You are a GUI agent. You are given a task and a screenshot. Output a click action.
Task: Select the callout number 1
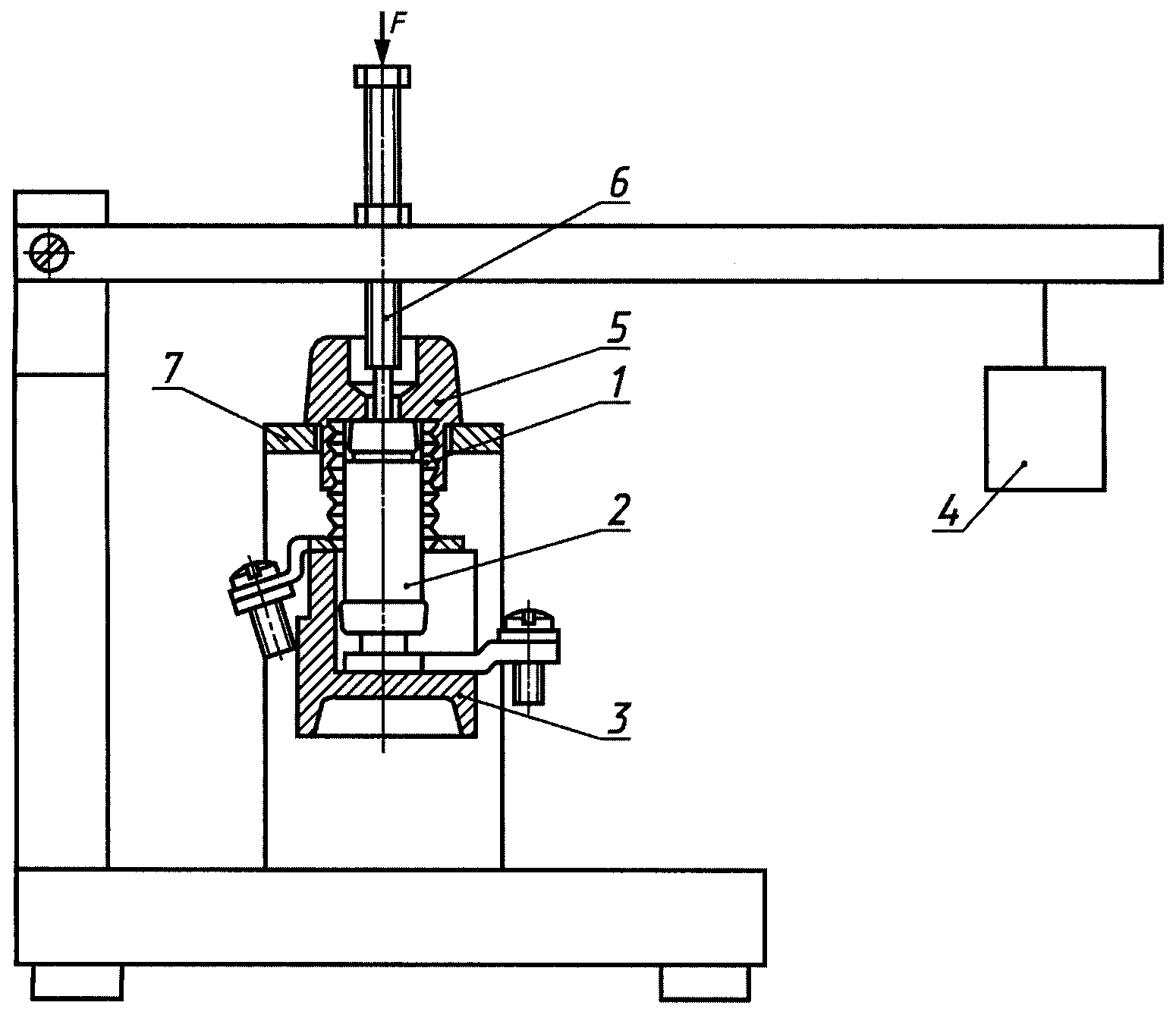[x=618, y=384]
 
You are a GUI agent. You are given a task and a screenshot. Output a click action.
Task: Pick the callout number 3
[x=618, y=718]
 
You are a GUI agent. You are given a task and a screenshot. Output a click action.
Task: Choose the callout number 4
[x=948, y=512]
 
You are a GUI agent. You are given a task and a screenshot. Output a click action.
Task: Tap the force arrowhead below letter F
[x=383, y=54]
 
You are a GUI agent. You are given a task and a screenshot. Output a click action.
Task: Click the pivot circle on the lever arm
[x=50, y=253]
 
